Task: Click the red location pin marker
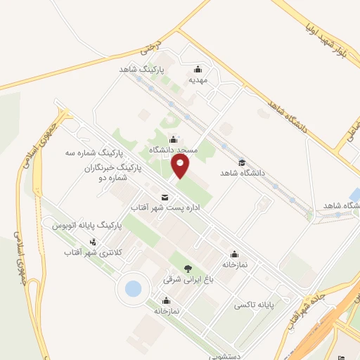point(181,166)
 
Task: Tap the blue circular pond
point(133,288)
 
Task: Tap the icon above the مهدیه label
point(198,69)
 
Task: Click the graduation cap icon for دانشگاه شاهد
point(241,161)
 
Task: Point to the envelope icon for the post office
point(165,197)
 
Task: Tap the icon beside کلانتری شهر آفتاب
point(93,242)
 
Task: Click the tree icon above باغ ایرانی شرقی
point(187,268)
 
